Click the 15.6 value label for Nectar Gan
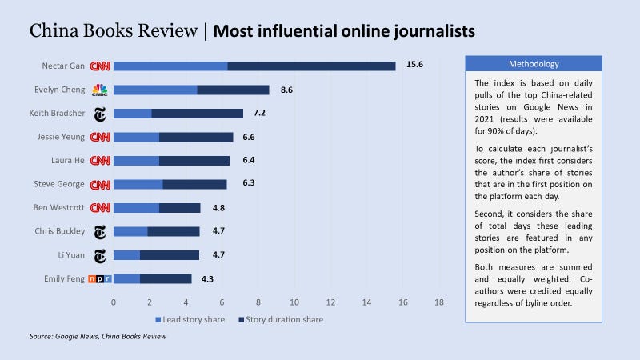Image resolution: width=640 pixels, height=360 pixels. coord(414,66)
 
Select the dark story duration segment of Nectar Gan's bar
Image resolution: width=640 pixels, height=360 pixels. coord(311,66)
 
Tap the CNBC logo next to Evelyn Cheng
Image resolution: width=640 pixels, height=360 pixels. coord(100,90)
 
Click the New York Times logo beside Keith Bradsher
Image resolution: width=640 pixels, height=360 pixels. coord(100,114)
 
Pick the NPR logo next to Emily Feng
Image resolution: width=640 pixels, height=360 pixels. coord(100,279)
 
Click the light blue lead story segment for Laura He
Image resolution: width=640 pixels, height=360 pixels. coord(136,161)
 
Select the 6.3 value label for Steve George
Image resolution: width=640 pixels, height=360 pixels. coord(248,184)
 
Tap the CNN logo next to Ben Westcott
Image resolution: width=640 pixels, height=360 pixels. coord(100,208)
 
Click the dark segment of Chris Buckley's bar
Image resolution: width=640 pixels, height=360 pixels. coord(174,232)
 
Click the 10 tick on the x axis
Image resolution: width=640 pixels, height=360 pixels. coord(294,302)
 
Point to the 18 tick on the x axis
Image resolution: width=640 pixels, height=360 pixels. coord(439,302)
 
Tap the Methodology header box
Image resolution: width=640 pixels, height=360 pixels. coord(534,63)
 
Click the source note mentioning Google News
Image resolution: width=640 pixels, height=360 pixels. coord(99,337)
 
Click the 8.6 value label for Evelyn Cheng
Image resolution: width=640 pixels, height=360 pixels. coord(286,90)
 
